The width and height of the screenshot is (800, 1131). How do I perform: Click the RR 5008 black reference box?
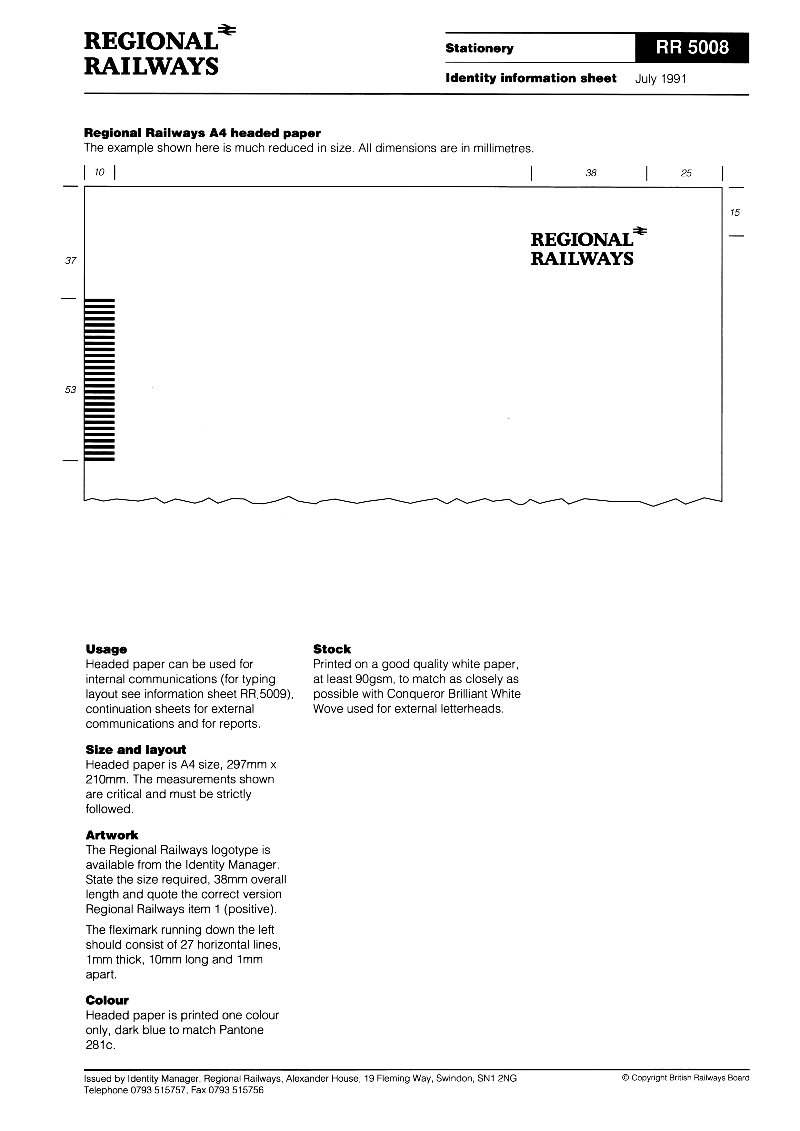[x=692, y=48]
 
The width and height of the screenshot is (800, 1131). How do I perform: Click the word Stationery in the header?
[x=479, y=48]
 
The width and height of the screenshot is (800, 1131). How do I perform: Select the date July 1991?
[x=661, y=79]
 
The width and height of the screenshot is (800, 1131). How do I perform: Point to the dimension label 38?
[x=591, y=173]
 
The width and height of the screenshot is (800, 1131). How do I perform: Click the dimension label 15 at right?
[x=735, y=213]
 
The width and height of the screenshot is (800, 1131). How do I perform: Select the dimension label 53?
[x=71, y=390]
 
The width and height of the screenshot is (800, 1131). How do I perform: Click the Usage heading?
[x=106, y=649]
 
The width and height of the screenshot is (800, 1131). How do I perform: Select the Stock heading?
[x=332, y=649]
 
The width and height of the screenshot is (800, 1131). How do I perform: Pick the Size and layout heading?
[x=135, y=750]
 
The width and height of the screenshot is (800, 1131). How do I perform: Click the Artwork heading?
[x=112, y=835]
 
